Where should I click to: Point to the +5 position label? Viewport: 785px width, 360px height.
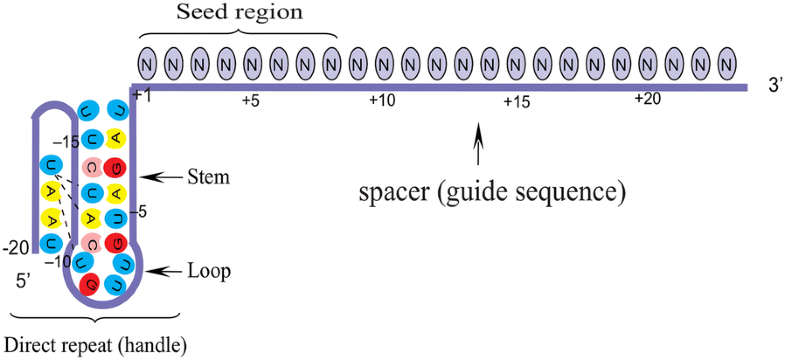250,100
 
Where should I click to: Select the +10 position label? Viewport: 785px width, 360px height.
383,100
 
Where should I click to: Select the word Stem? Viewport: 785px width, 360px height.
209,178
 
